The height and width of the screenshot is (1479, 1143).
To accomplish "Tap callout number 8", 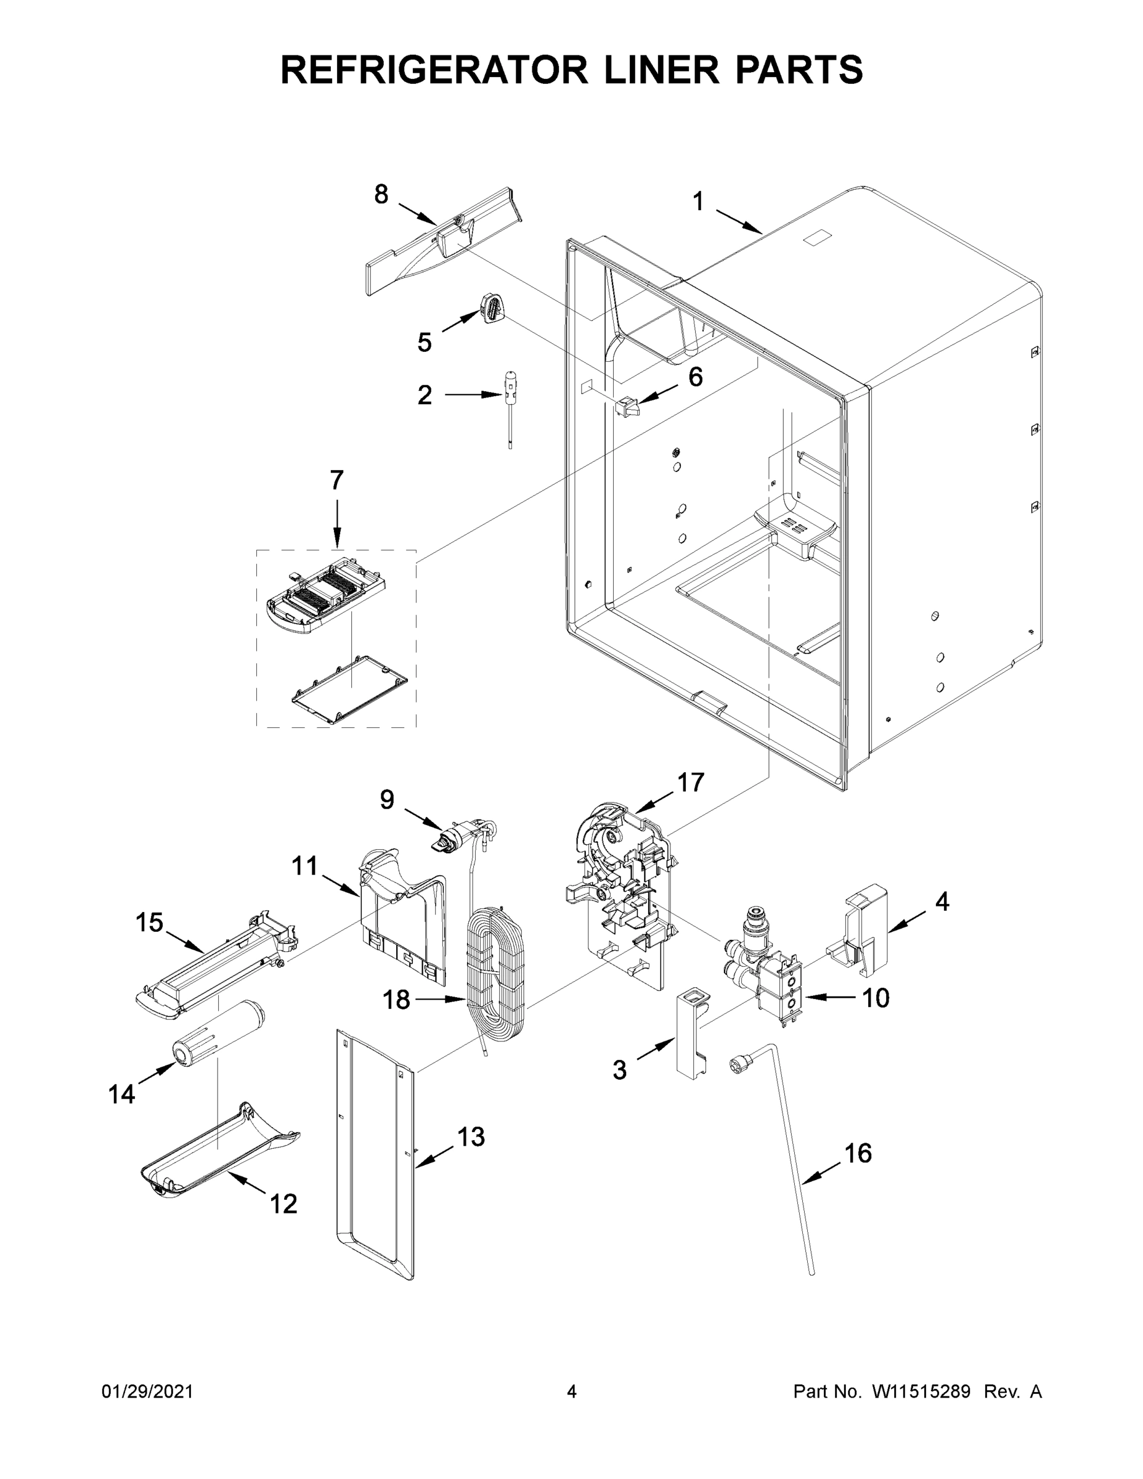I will point(381,194).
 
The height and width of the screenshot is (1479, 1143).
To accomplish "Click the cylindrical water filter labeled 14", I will point(220,1035).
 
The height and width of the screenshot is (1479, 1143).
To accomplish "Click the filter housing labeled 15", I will point(217,965).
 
